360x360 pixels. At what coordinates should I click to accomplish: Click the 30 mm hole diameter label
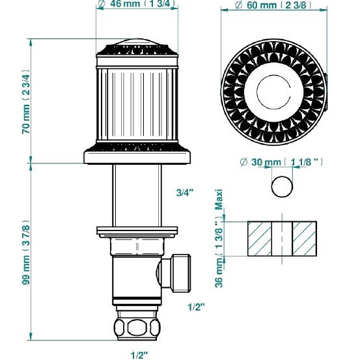pyautogui.click(x=281, y=161)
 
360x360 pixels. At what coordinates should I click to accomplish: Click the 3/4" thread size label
pyautogui.click(x=186, y=193)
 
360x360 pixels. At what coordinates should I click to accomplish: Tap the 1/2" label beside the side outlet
pyautogui.click(x=196, y=307)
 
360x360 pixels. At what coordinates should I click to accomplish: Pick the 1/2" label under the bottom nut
pyautogui.click(x=138, y=355)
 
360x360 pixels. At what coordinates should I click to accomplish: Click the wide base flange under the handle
pyautogui.click(x=137, y=156)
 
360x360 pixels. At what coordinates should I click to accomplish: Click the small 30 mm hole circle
pyautogui.click(x=281, y=186)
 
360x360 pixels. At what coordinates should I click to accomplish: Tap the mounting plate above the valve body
pyautogui.click(x=137, y=230)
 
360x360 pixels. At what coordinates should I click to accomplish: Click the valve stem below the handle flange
pyautogui.click(x=137, y=195)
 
